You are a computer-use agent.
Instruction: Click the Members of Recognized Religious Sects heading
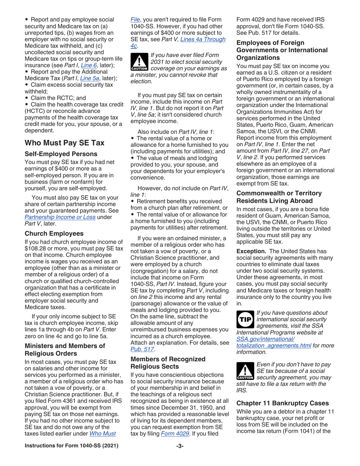click(167, 363)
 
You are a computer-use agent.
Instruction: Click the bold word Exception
click(251, 252)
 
